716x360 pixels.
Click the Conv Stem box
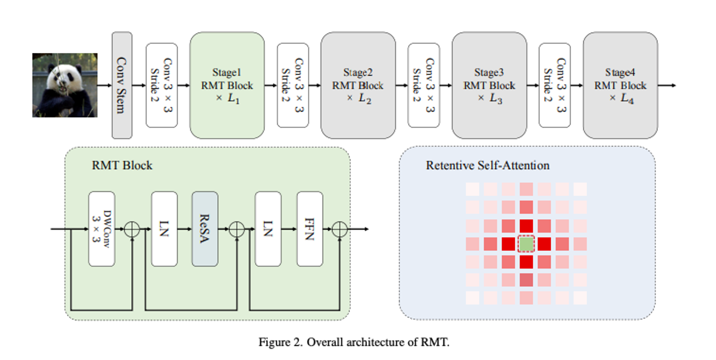[122, 85]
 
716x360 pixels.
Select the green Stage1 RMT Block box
[227, 85]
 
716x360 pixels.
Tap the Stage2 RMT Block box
[358, 85]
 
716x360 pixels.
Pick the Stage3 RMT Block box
[489, 85]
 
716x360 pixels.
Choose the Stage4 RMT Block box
[621, 85]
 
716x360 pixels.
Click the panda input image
[65, 85]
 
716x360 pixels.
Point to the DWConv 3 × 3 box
[102, 229]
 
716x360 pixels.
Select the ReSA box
[205, 229]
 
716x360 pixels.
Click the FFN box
[310, 229]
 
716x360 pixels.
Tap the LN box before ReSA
[164, 229]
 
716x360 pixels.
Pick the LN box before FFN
[268, 229]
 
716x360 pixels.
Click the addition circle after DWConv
[132, 229]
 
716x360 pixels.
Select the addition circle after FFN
[340, 229]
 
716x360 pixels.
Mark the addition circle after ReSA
[237, 229]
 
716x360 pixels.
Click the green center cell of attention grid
[526, 244]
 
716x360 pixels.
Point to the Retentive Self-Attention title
[488, 165]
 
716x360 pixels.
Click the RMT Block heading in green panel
[122, 165]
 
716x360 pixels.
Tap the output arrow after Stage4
[667, 86]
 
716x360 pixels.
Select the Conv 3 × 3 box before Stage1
[162, 85]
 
